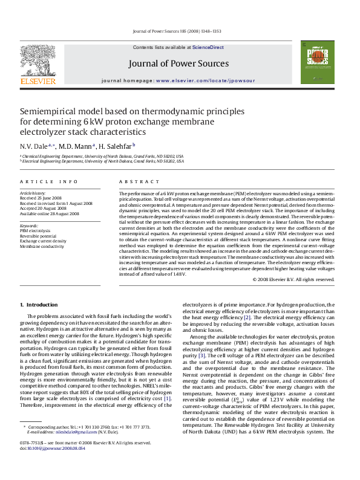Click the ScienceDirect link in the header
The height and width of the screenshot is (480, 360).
pos(208,47)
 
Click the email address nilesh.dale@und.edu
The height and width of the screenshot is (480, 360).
pos(68,448)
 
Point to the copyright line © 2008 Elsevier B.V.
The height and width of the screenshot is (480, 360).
pos(293,279)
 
